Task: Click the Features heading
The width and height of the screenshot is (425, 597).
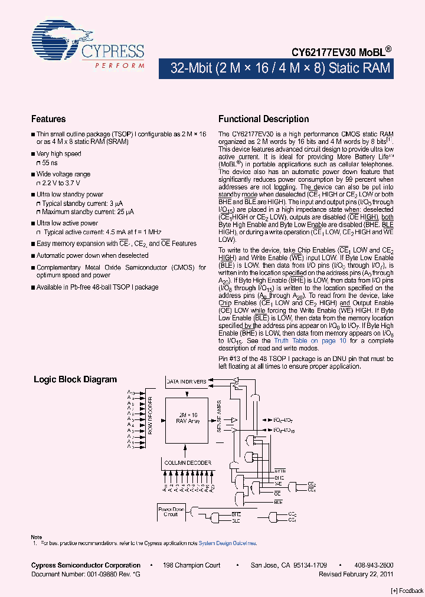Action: pyautogui.click(x=48, y=119)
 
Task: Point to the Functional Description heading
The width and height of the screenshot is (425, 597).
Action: pyautogui.click(x=263, y=119)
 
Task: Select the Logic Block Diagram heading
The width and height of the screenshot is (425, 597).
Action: pyautogui.click(x=75, y=380)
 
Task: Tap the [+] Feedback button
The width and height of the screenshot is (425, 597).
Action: pyautogui.click(x=407, y=591)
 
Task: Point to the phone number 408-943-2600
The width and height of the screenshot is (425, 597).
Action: pyautogui.click(x=374, y=565)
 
